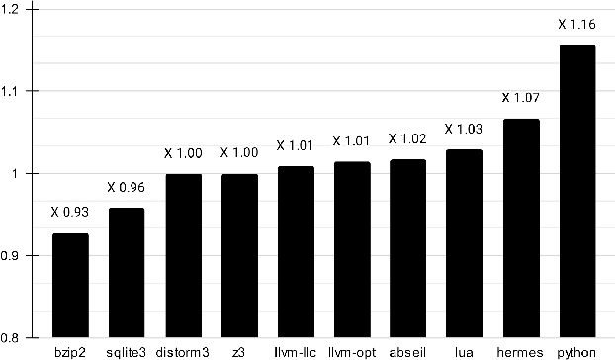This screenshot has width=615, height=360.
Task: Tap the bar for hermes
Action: (520, 228)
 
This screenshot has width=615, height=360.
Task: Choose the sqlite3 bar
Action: (127, 273)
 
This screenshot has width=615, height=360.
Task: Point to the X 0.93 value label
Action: (70, 211)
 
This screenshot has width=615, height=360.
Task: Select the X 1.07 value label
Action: (520, 97)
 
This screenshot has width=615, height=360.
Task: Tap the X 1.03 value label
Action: (464, 129)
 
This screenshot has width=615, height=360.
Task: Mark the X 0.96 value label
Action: (127, 187)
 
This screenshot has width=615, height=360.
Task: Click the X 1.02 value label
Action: (407, 138)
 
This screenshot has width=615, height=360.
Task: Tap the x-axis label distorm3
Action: (183, 351)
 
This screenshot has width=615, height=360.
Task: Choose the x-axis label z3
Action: (239, 351)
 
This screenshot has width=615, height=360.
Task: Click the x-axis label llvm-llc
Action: (295, 351)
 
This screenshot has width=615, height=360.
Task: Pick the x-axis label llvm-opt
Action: (351, 351)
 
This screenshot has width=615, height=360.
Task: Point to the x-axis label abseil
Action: (407, 351)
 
